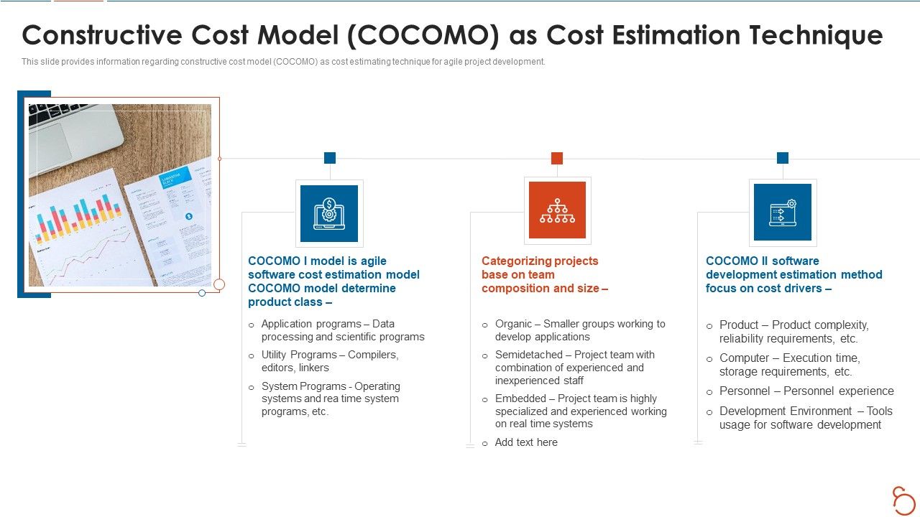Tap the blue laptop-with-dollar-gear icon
click(x=329, y=213)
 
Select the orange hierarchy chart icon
click(x=557, y=210)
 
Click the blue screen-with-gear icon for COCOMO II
click(x=782, y=213)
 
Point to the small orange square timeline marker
click(x=556, y=158)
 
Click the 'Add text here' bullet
click(x=525, y=442)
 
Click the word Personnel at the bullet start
click(x=745, y=391)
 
